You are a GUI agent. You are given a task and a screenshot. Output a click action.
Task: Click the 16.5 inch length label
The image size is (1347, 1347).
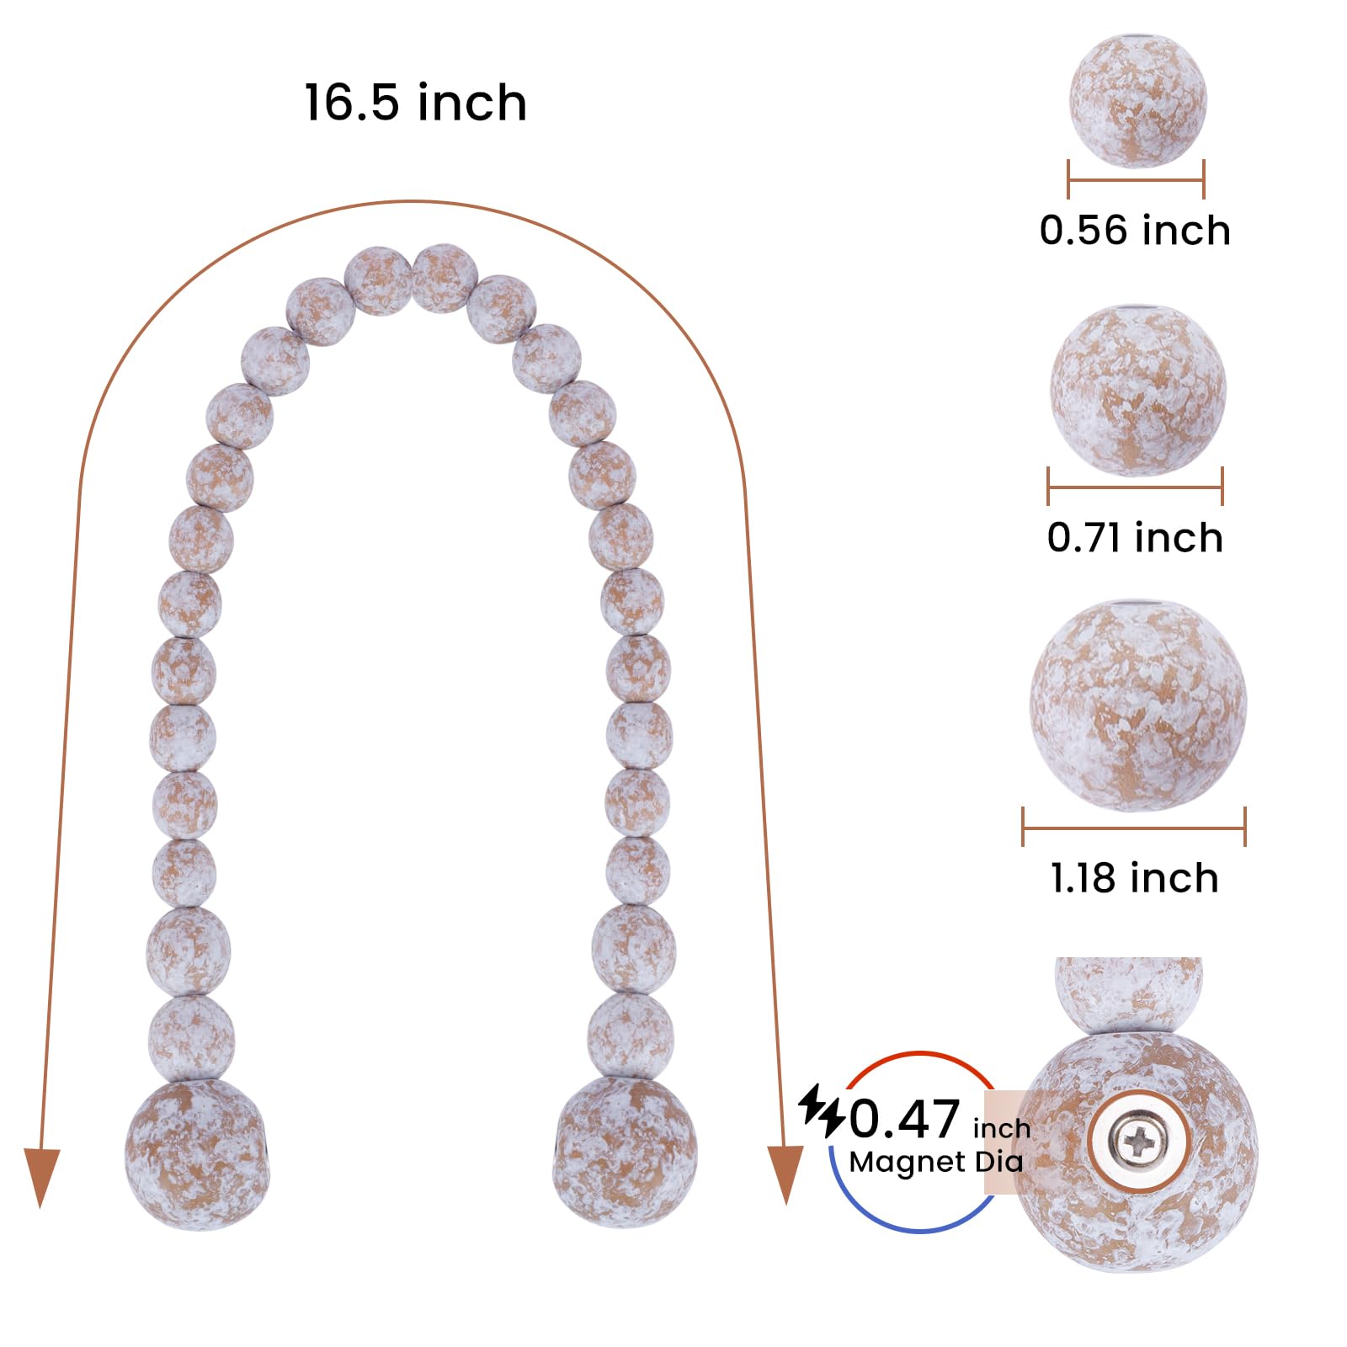tap(416, 103)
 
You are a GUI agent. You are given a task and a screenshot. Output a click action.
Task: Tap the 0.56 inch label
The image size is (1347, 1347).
tap(1135, 230)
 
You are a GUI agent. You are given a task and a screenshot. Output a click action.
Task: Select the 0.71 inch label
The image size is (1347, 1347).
tap(1135, 537)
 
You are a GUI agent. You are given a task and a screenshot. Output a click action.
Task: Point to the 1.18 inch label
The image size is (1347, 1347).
tap(1134, 878)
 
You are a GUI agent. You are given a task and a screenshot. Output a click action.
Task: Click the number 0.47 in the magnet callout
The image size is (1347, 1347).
tap(904, 1119)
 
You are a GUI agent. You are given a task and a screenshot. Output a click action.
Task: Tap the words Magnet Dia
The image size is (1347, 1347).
tap(935, 1163)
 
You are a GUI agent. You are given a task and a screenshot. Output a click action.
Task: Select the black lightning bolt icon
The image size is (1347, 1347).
tap(823, 1110)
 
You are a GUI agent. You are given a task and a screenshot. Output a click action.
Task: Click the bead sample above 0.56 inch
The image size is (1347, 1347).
tap(1137, 101)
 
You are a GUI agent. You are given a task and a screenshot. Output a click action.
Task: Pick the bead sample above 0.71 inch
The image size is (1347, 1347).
tap(1137, 391)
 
